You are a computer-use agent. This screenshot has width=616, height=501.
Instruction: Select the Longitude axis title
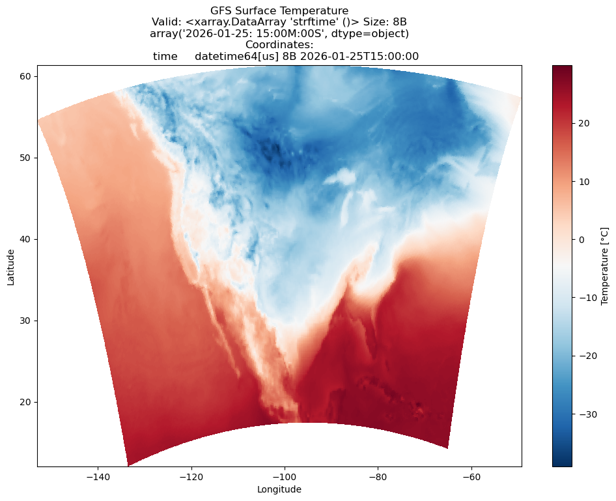point(279,489)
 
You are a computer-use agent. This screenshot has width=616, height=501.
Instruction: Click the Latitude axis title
point(11,266)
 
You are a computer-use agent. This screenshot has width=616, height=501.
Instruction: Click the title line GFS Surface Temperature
point(279,10)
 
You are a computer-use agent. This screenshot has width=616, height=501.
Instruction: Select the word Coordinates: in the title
point(279,45)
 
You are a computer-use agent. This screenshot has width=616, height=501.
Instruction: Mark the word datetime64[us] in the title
point(236,57)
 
